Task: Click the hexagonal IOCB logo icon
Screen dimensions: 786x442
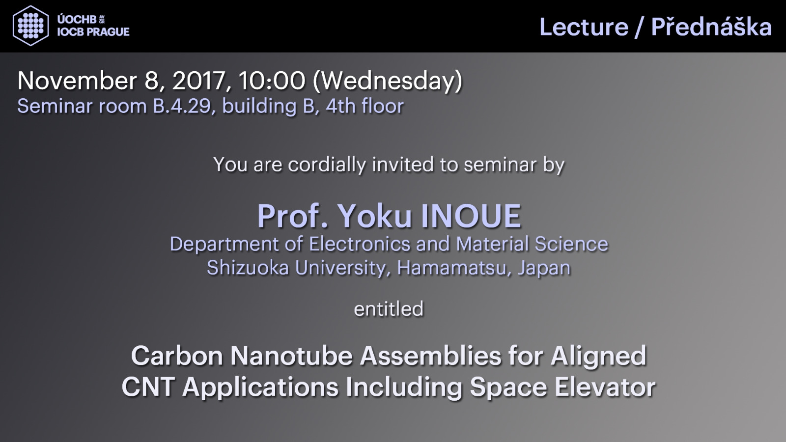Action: [30, 26]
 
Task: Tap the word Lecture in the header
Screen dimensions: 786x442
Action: [584, 27]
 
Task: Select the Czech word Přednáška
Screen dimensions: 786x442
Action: [711, 27]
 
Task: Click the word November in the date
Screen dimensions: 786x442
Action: [77, 81]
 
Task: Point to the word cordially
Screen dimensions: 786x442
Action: [327, 165]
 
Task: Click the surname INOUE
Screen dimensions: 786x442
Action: [471, 216]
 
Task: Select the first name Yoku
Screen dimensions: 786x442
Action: [374, 216]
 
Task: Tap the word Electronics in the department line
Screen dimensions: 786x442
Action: [360, 244]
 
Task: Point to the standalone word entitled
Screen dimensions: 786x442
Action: [389, 309]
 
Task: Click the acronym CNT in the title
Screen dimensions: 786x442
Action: [148, 387]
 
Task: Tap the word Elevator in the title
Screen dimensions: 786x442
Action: [605, 387]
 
